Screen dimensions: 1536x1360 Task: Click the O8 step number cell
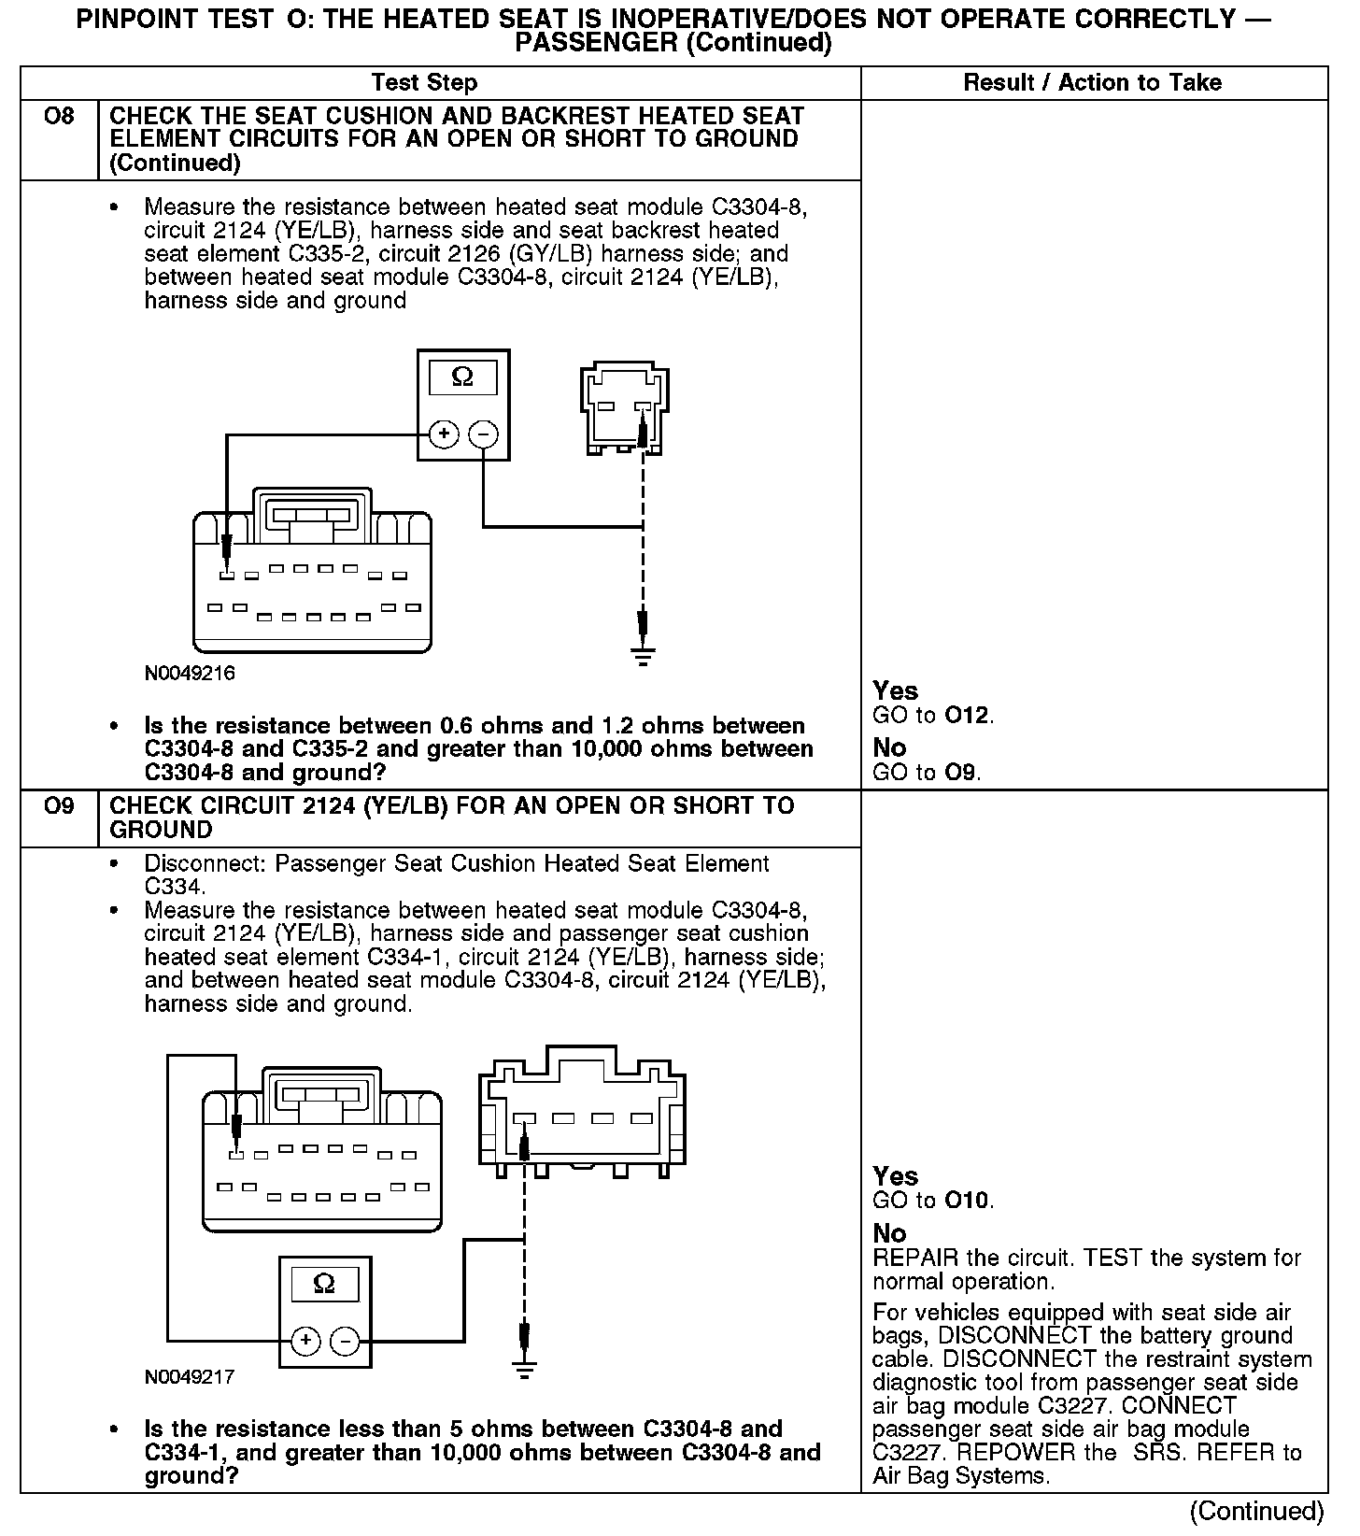tap(59, 118)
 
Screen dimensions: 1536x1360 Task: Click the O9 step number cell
tap(59, 806)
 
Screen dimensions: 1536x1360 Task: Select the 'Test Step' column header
tap(424, 82)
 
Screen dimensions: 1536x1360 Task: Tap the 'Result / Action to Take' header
tap(1092, 82)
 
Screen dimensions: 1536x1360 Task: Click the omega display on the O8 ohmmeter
tap(462, 377)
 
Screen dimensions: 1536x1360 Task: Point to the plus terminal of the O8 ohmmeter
tap(444, 434)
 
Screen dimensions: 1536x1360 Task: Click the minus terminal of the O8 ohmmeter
tap(483, 434)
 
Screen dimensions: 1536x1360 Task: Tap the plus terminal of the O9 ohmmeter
tap(305, 1342)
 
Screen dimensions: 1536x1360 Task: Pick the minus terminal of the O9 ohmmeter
tap(345, 1342)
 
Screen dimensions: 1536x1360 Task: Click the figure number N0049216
tap(190, 673)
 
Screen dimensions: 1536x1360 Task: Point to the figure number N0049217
tap(190, 1377)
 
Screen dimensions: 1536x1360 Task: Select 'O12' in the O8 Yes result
tap(967, 716)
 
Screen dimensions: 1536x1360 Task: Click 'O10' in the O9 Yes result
tap(967, 1201)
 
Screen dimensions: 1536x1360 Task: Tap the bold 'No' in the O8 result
tap(889, 747)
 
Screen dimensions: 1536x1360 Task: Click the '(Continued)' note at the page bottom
tap(1256, 1511)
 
